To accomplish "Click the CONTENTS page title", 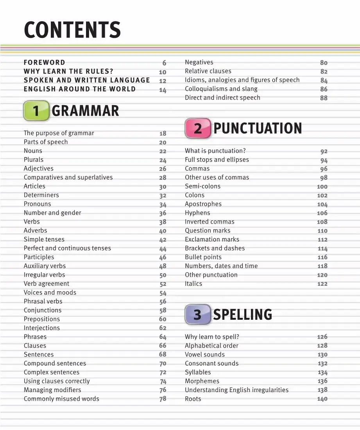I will click(x=72, y=30).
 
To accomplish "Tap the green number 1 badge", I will click(x=36, y=111).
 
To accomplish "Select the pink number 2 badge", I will click(x=198, y=129).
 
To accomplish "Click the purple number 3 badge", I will click(x=198, y=315).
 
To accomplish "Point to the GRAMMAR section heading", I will click(x=85, y=111).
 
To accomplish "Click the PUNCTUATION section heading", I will click(x=258, y=129).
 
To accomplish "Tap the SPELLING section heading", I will click(x=242, y=315).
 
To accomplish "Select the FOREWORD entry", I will click(x=45, y=63).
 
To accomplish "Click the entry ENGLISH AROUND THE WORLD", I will click(x=80, y=89).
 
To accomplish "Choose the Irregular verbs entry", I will click(x=44, y=275).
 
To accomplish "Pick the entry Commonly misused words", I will click(x=61, y=399).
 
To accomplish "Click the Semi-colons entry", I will click(x=202, y=186).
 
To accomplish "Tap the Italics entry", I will click(x=193, y=284).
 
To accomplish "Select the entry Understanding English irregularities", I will click(x=236, y=390).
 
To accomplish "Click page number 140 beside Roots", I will click(x=322, y=399).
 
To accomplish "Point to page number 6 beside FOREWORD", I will click(x=164, y=63).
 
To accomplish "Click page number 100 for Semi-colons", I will click(x=322, y=187).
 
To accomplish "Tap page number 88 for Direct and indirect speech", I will click(x=324, y=98).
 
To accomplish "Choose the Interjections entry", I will click(x=42, y=328).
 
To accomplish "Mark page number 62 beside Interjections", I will click(x=163, y=328).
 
